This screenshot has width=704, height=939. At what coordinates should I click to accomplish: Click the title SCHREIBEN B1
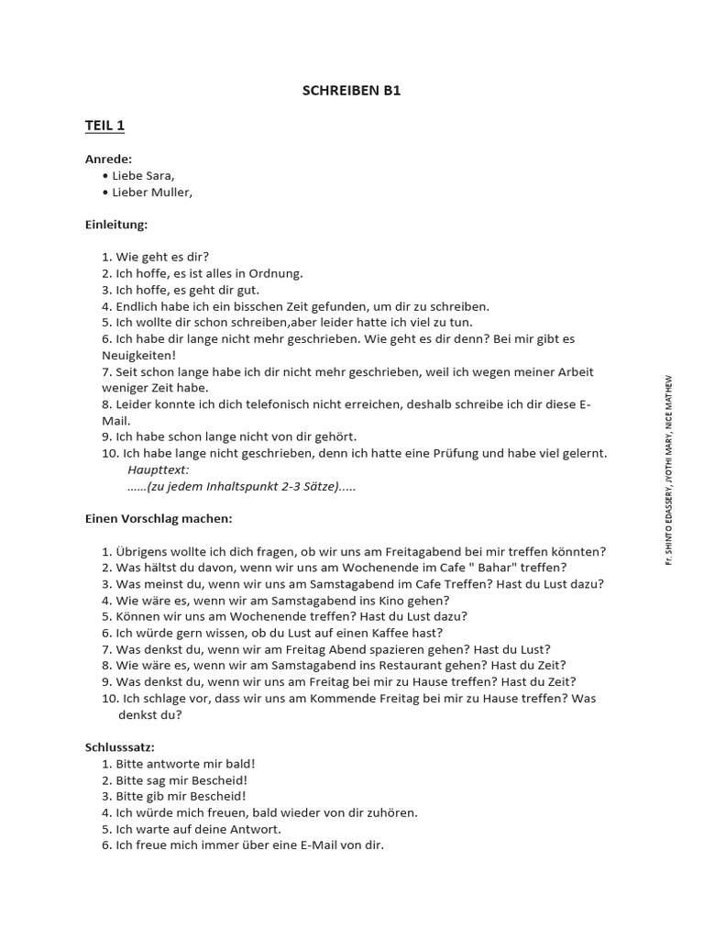(x=351, y=91)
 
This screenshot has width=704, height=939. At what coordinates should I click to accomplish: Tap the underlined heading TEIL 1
(x=104, y=126)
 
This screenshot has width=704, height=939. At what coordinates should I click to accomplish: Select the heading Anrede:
(x=108, y=159)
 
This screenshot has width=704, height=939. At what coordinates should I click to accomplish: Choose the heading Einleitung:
(x=116, y=224)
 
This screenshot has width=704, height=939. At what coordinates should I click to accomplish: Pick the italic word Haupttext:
(x=159, y=469)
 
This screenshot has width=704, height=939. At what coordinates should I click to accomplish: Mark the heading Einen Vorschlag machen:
(x=159, y=518)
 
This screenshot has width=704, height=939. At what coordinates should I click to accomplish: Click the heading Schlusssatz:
(x=120, y=747)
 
